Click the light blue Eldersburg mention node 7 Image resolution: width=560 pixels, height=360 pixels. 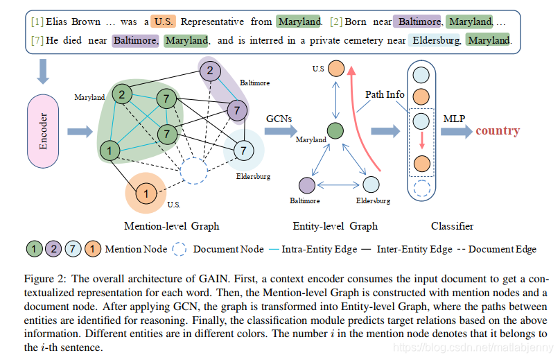click(243, 149)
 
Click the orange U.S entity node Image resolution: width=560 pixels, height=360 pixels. click(336, 69)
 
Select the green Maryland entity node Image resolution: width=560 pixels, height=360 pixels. click(335, 130)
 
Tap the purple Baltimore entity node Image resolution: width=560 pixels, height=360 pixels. click(307, 185)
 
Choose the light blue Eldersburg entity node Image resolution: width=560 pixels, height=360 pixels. click(371, 185)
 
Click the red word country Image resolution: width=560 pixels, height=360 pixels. click(498, 130)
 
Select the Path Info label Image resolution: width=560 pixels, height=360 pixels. click(385, 94)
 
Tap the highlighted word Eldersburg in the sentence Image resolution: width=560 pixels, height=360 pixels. click(435, 40)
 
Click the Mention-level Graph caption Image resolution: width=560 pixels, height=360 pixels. click(171, 225)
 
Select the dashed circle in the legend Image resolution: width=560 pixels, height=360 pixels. click(179, 248)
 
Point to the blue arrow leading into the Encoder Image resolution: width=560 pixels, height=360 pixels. click(44, 71)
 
